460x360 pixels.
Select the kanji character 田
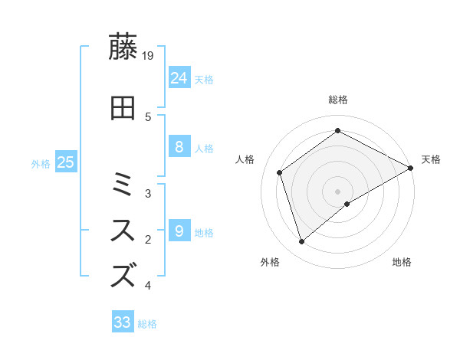click(123, 108)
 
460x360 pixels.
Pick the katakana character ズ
click(123, 273)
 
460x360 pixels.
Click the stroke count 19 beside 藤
click(149, 54)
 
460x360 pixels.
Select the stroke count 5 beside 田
click(148, 116)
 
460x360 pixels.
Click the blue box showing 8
click(179, 147)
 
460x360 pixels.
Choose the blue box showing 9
click(179, 231)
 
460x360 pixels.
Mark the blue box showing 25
click(65, 162)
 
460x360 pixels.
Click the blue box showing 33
click(123, 322)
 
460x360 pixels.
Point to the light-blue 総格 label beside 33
click(147, 324)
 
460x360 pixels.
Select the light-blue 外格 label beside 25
click(41, 163)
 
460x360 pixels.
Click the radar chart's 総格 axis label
click(337, 100)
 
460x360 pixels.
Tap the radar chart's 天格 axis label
click(431, 159)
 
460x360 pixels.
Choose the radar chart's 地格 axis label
click(402, 263)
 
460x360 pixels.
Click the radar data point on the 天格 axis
click(410, 168)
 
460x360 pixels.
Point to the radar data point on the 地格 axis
click(347, 204)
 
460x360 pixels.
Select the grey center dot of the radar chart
click(337, 191)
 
